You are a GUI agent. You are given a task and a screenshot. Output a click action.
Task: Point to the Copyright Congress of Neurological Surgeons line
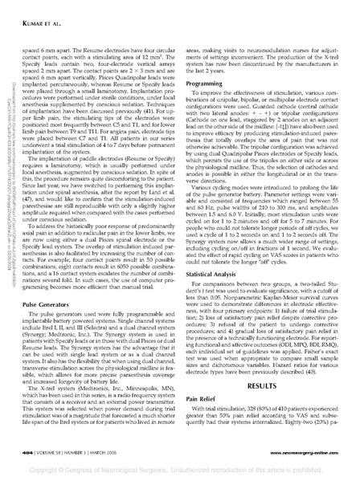tap(180, 464)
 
